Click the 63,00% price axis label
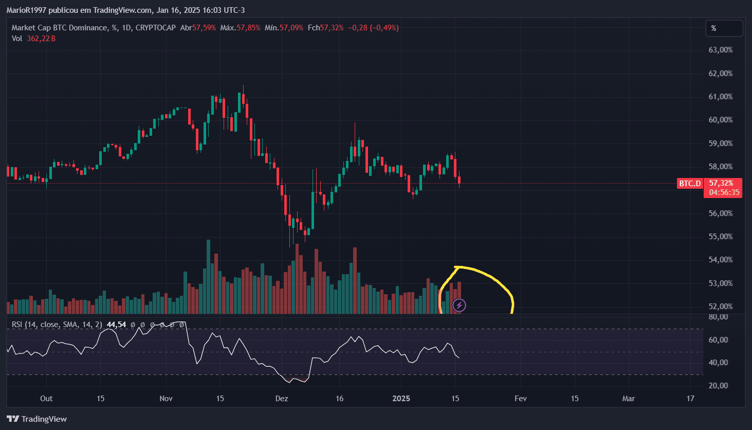click(720, 50)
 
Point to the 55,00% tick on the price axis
click(720, 237)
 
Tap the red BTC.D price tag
click(690, 184)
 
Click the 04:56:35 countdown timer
click(724, 192)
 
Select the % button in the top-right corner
click(724, 28)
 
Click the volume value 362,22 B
click(41, 39)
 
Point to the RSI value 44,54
click(116, 325)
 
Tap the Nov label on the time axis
click(166, 399)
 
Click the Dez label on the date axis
click(282, 399)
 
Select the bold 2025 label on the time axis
click(401, 399)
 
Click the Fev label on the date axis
click(520, 399)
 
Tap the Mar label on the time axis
click(628, 399)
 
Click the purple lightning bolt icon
click(459, 306)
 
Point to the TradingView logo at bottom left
click(36, 419)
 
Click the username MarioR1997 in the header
click(26, 10)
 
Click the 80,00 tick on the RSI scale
click(718, 317)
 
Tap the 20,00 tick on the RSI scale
click(718, 386)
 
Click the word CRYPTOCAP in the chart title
click(155, 28)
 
